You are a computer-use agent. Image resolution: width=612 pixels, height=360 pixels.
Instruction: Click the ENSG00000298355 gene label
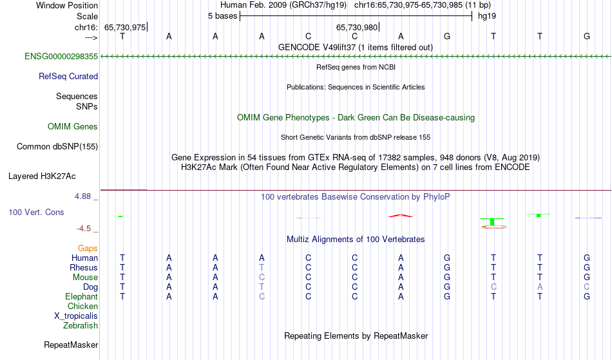(61, 57)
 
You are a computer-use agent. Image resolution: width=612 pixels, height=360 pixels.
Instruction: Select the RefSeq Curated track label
(68, 77)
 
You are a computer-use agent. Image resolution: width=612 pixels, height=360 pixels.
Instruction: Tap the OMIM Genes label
(73, 127)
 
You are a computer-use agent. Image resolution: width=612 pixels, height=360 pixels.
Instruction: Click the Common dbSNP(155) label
(57, 147)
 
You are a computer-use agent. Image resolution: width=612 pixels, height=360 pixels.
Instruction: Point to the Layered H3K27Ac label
(42, 176)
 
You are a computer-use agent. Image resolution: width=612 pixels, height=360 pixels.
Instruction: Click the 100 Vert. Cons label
(36, 212)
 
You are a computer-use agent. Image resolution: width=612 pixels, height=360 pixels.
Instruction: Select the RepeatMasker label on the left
(71, 345)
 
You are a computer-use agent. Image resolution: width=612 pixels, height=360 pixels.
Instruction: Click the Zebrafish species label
(81, 326)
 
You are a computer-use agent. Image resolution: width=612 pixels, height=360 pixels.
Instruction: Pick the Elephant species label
(82, 297)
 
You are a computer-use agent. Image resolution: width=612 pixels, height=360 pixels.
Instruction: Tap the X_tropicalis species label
(76, 316)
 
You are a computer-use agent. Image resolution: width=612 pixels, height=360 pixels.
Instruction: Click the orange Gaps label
(88, 249)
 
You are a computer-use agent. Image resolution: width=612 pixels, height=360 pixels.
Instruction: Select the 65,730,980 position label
(357, 27)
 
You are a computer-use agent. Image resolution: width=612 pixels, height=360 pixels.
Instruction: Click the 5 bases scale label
(222, 16)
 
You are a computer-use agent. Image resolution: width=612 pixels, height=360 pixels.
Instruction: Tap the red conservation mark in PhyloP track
(401, 215)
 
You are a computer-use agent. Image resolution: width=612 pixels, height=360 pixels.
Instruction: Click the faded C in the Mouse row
(262, 278)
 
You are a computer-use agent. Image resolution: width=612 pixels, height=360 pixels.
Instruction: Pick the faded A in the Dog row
(540, 287)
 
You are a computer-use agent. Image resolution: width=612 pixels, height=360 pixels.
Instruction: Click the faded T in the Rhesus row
(262, 267)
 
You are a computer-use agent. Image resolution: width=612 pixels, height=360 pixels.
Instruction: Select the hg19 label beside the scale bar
(487, 16)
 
